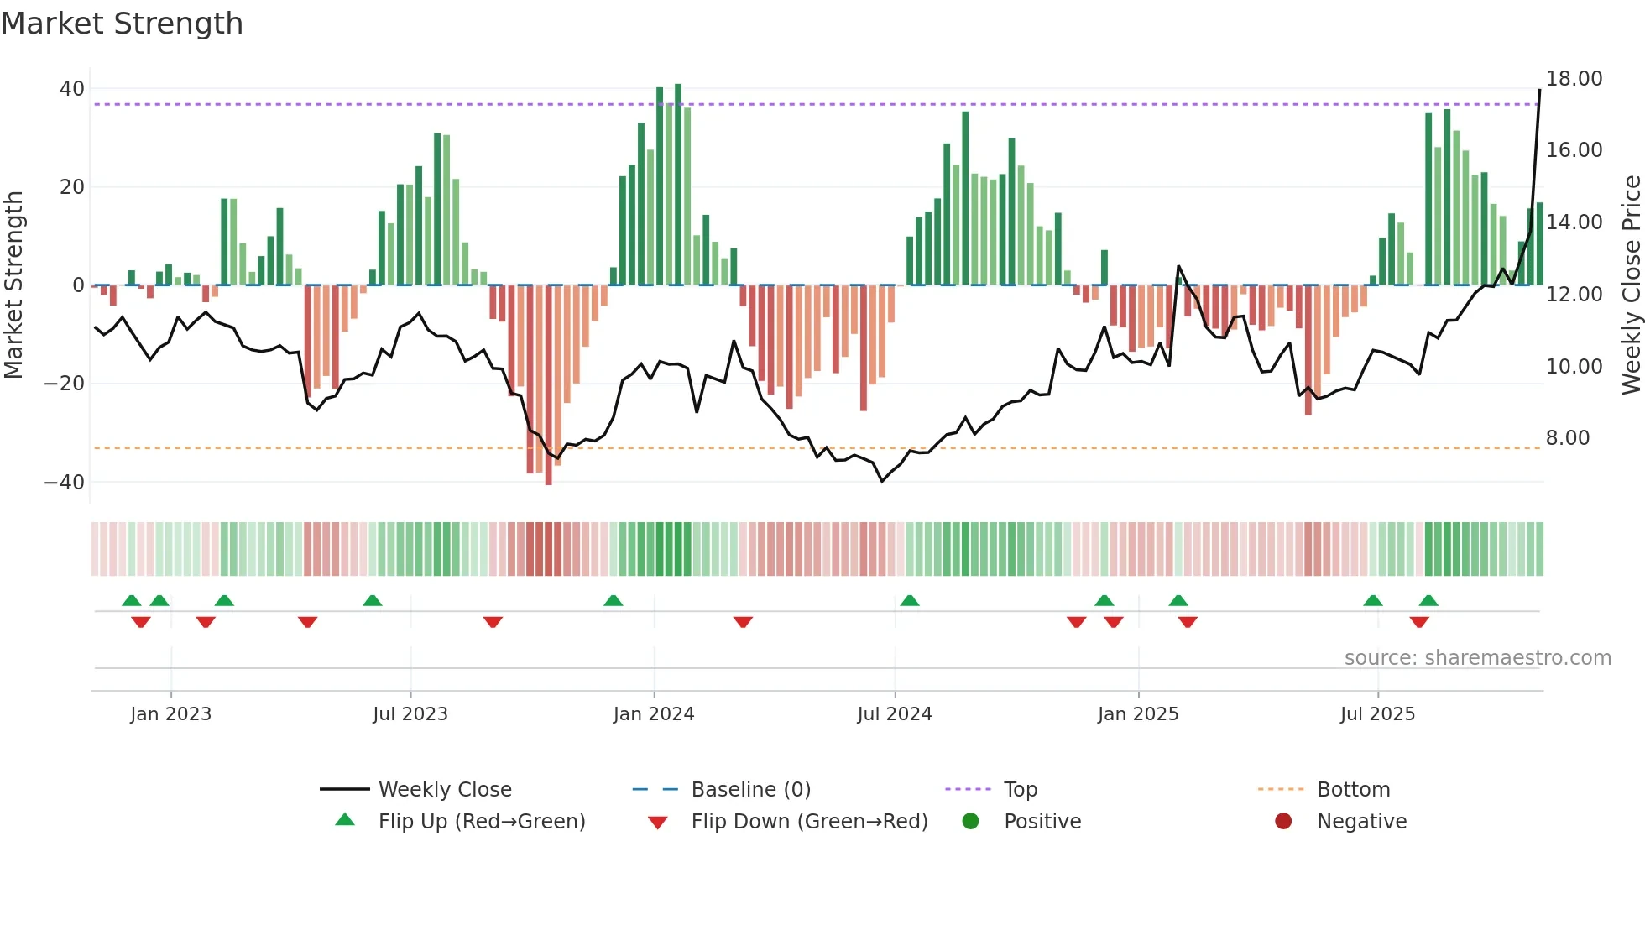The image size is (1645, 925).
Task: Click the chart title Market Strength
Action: (122, 24)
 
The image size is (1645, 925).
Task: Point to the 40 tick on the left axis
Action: (72, 89)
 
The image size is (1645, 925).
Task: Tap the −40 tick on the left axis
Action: (65, 483)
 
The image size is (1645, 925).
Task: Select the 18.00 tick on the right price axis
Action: (1574, 79)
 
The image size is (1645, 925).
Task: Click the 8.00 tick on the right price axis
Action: (1567, 438)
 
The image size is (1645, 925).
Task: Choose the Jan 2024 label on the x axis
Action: (653, 714)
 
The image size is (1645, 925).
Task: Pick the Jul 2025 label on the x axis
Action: (1376, 714)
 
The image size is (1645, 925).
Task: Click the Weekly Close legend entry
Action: (444, 790)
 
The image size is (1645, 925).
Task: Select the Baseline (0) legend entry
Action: (750, 790)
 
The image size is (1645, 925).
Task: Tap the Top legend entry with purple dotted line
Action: (1020, 790)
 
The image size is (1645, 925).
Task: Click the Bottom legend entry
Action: (1353, 790)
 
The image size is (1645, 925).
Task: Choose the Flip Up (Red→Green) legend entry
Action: (481, 822)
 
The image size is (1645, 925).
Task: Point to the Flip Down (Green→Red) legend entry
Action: (808, 822)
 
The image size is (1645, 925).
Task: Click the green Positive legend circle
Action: (970, 822)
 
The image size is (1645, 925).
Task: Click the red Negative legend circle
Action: (1282, 822)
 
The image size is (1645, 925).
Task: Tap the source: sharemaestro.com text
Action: (1477, 658)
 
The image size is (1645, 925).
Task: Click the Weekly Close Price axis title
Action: (1631, 285)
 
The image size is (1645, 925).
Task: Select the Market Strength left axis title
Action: (13, 285)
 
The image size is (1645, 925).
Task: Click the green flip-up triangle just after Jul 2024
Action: (909, 600)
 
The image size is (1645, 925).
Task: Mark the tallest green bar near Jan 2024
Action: (678, 185)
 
